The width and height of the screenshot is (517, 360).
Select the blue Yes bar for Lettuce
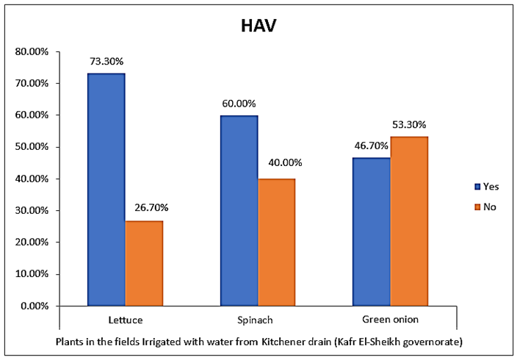click(x=106, y=190)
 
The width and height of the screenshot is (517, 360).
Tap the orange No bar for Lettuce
click(x=144, y=263)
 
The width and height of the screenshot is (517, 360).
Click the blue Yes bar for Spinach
click(x=239, y=210)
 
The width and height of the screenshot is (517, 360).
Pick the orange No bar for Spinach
click(x=276, y=242)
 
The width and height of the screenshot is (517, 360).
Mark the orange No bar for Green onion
click(x=409, y=221)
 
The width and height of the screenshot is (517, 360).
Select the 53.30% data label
click(x=410, y=125)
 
